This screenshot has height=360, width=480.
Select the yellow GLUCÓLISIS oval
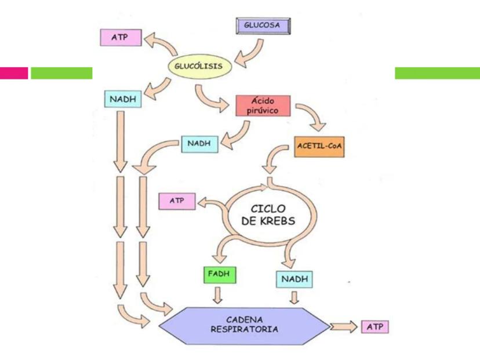(199, 66)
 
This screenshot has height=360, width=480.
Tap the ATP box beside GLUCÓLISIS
(121, 37)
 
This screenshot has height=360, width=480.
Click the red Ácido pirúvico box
(262, 104)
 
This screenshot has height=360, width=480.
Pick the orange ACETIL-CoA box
(319, 147)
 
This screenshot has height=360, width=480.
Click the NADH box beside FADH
(293, 279)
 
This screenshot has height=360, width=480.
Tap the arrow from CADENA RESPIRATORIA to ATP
(344, 327)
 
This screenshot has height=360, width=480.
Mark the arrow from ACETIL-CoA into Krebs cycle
(275, 160)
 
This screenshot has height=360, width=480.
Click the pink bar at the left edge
(14, 73)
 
